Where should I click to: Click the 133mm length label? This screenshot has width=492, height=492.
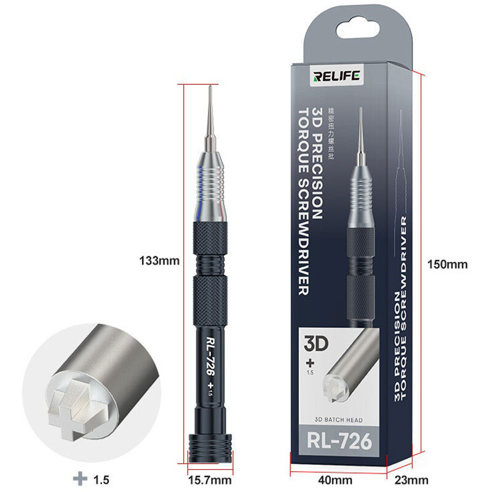click(159, 260)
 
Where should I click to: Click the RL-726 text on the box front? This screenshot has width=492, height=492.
click(337, 442)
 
